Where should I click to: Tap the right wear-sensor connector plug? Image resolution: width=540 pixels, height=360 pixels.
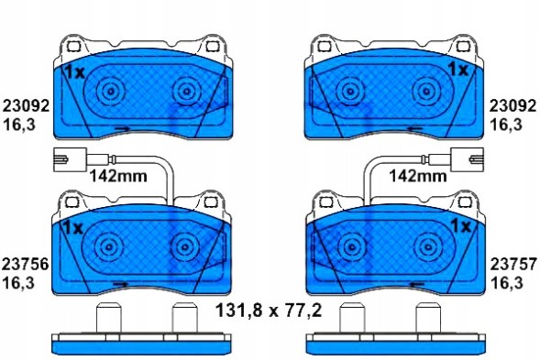(467, 157)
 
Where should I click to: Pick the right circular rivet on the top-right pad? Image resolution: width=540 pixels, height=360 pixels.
(424, 92)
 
